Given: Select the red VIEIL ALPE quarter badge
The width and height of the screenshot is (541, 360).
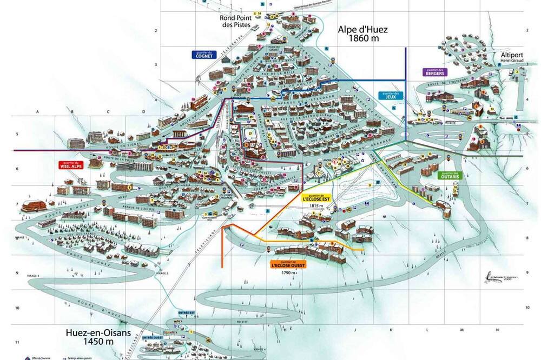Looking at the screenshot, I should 71,165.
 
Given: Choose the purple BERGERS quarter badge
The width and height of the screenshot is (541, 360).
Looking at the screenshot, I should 434,72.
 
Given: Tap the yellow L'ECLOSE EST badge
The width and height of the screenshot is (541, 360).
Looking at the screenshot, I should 315,197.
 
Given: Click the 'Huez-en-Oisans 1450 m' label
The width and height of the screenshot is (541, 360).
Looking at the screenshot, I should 98,337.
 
